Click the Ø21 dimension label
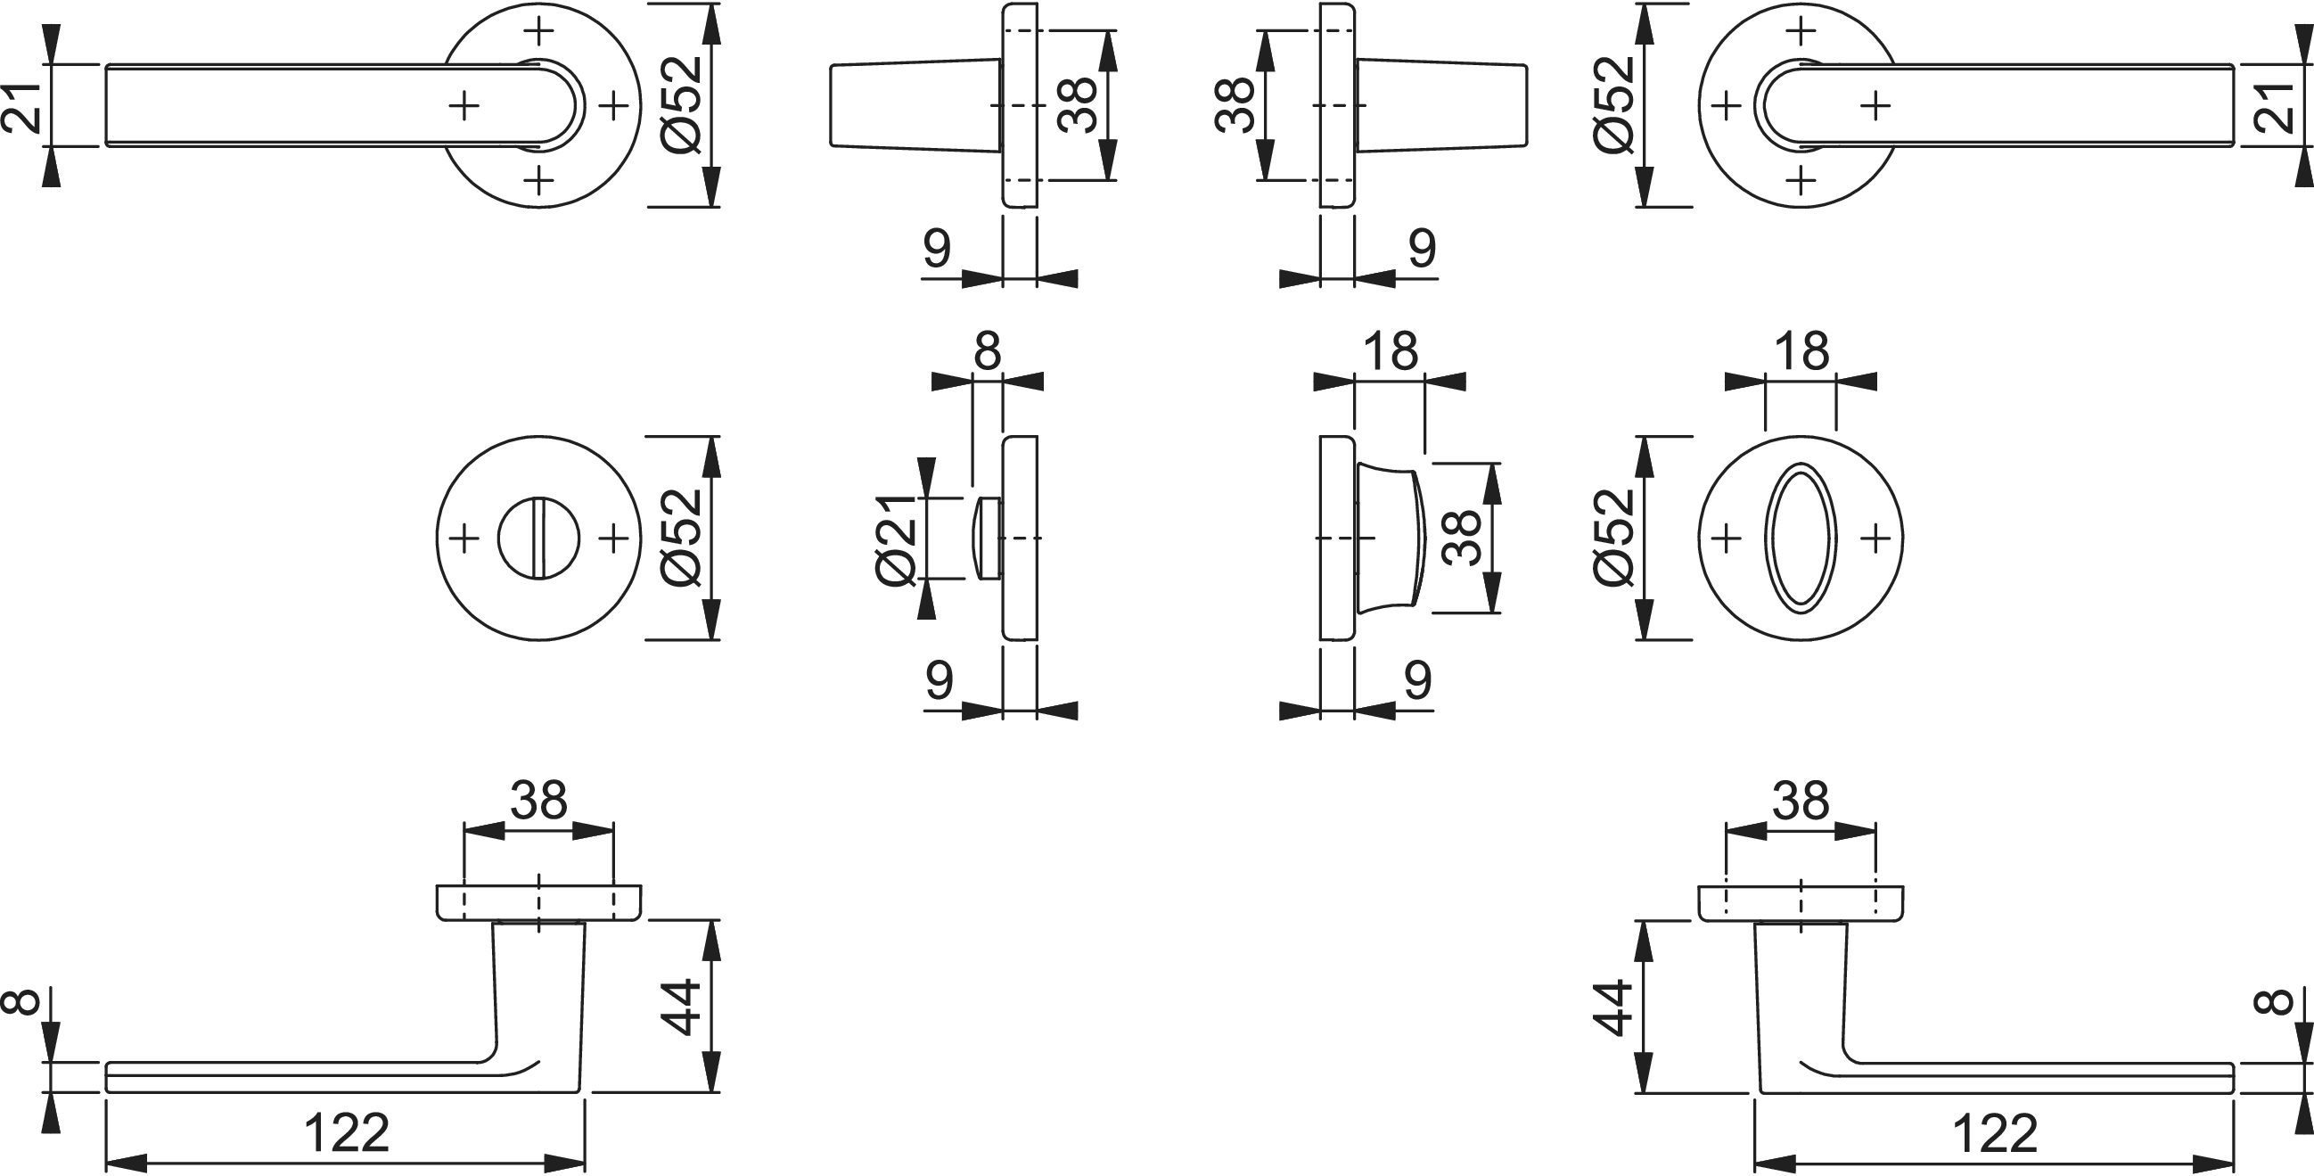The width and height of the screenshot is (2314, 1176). [896, 539]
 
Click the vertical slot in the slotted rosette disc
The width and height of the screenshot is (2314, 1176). [539, 539]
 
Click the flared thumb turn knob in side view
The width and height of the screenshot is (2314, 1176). [1390, 539]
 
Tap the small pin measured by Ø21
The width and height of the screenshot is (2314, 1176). [988, 539]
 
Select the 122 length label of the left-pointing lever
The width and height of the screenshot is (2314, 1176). [347, 1133]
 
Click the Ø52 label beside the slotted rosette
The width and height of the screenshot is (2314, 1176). [680, 539]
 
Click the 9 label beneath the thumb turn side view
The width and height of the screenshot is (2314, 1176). [1416, 682]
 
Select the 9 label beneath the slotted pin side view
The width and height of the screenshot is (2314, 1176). [939, 682]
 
